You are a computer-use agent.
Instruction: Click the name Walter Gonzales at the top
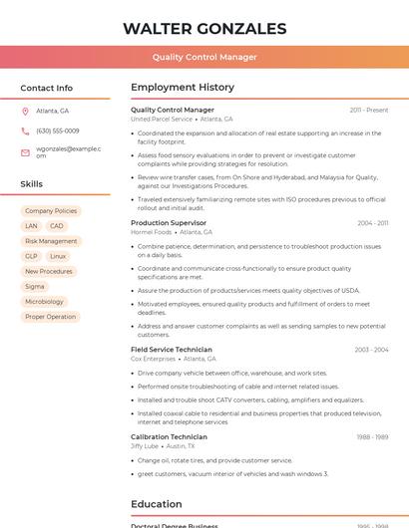point(204,29)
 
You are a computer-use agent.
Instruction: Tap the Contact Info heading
point(47,88)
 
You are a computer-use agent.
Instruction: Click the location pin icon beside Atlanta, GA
point(25,111)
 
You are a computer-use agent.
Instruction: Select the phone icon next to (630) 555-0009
point(25,131)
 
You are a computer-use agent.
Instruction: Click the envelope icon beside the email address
point(25,151)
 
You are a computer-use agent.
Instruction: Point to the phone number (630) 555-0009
point(58,131)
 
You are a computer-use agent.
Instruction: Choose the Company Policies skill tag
point(51,211)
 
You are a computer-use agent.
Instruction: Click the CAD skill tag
point(57,226)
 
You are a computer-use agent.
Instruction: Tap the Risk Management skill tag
point(51,241)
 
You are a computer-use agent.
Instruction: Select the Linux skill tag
point(58,256)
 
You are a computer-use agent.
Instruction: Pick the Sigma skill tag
point(35,286)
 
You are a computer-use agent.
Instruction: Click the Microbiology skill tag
point(44,301)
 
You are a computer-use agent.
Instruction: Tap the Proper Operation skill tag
point(50,317)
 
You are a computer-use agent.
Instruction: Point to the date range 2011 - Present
point(369,110)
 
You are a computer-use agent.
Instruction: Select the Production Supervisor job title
point(169,223)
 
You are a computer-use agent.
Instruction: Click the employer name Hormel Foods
point(151,232)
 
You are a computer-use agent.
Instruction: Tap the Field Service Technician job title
point(172,350)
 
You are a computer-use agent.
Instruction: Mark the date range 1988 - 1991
point(372,436)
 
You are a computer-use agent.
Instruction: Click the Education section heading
point(157,504)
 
